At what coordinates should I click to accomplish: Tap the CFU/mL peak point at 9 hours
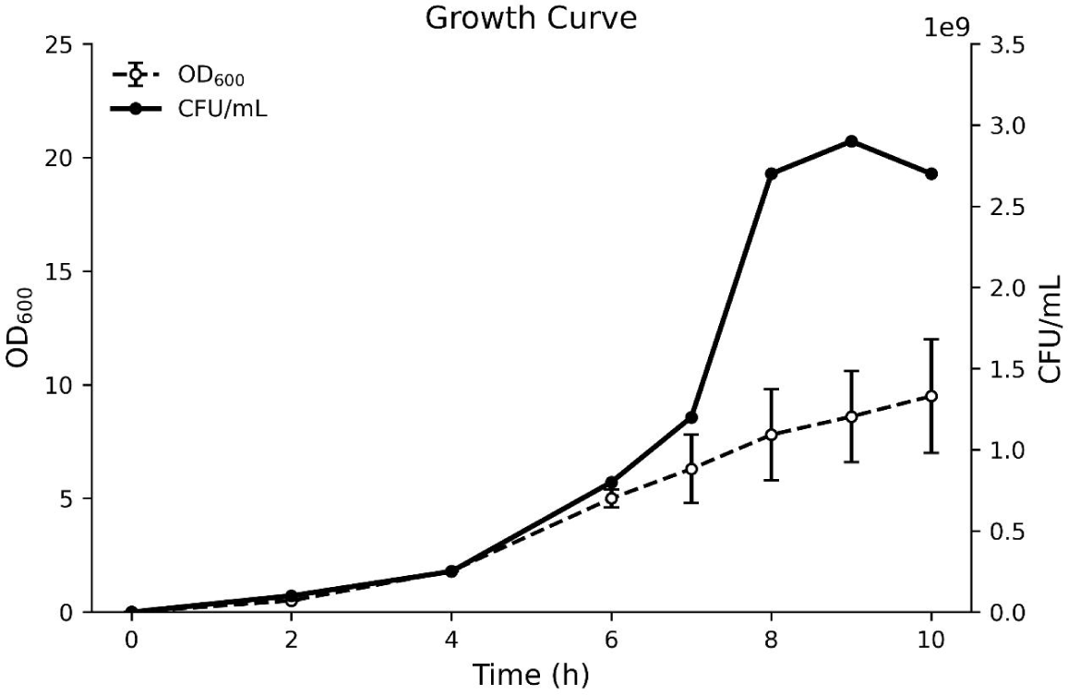[851, 141]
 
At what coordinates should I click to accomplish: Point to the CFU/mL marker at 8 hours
[771, 174]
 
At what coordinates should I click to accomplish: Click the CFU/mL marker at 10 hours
[931, 174]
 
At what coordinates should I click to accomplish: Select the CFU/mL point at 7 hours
[690, 417]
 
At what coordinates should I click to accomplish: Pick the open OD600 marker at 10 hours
[931, 396]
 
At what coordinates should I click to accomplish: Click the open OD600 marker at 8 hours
[771, 435]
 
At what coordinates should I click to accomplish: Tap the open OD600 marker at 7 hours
[690, 469]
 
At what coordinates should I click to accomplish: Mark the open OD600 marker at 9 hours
[851, 416]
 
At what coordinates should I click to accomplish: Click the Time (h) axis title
[531, 675]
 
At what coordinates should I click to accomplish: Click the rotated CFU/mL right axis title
[1050, 328]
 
